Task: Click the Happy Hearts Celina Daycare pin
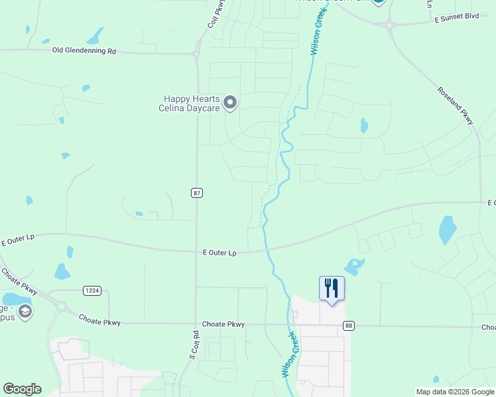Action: (x=230, y=103)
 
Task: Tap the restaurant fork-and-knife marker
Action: (x=332, y=289)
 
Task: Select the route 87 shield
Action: (x=197, y=193)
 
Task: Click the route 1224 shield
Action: (x=92, y=290)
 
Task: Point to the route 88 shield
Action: (x=349, y=325)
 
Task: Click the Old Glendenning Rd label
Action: (x=84, y=51)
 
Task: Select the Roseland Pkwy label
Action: (x=455, y=105)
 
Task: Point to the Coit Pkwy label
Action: (x=213, y=14)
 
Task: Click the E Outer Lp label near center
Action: (x=219, y=253)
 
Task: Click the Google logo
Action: (x=22, y=389)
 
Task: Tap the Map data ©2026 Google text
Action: (x=455, y=392)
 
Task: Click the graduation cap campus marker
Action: (x=25, y=312)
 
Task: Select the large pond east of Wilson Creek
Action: (x=448, y=230)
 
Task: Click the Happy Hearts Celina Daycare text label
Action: (x=188, y=103)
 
